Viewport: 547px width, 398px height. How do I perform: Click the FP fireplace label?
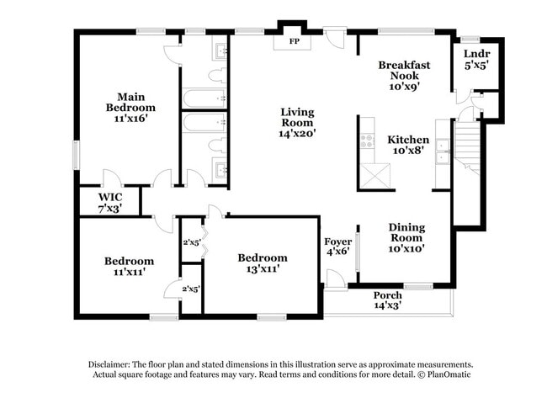coord(295,41)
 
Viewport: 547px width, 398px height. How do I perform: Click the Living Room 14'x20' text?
coord(297,122)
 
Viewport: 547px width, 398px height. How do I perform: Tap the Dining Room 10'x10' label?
coord(406,237)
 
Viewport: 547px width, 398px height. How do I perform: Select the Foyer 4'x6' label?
coord(337,247)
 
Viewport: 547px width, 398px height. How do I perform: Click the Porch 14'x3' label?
coord(387,300)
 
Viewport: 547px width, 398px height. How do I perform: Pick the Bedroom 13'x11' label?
coord(262,263)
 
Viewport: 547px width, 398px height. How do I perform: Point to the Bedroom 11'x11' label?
coord(129,266)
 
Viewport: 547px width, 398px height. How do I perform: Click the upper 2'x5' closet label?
coord(192,243)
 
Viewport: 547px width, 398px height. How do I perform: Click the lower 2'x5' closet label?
coord(192,289)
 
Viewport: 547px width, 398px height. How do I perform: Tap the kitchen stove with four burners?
coord(368,143)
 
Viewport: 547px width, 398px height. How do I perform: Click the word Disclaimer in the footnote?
coord(114,364)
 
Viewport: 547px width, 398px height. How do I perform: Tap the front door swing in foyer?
coord(334,279)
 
